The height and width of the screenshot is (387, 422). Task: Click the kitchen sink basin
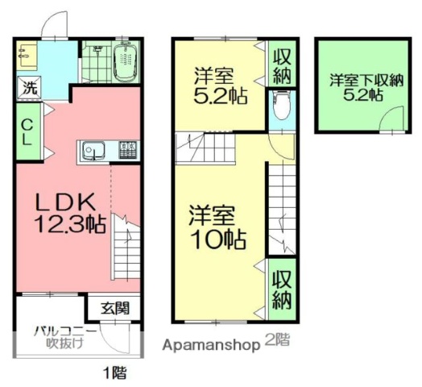90,151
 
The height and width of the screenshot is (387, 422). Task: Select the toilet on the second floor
281,107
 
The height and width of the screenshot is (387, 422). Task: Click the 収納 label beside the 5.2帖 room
281,65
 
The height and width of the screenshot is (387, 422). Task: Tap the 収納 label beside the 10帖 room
281,289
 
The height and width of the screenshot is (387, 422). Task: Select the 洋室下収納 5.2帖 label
365,87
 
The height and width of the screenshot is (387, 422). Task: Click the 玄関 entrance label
114,307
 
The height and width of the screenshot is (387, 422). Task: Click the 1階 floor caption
114,372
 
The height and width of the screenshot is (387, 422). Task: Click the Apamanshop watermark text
212,343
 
